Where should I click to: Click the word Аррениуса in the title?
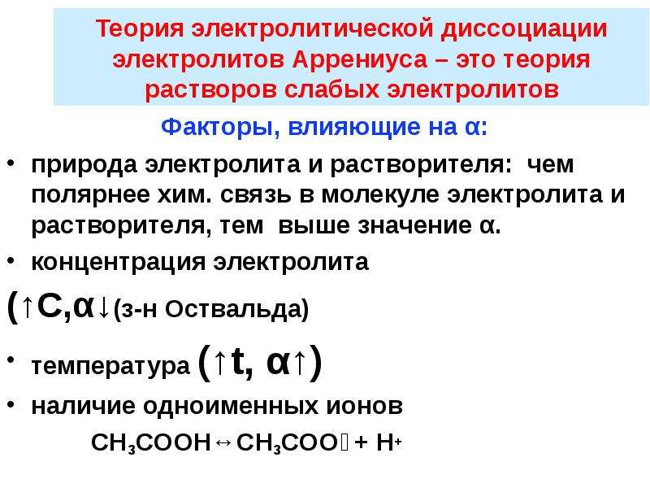[360, 59]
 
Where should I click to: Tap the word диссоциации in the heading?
[524, 29]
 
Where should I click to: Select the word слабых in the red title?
[332, 89]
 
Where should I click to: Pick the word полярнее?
[90, 195]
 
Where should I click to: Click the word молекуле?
[380, 195]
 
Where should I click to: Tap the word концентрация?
[118, 263]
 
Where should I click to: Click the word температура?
[110, 367]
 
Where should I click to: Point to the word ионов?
[364, 406]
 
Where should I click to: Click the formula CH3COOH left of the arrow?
[151, 442]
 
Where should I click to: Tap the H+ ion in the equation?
[388, 442]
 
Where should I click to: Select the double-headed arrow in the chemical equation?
[224, 443]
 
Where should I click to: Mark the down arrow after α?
[103, 309]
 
